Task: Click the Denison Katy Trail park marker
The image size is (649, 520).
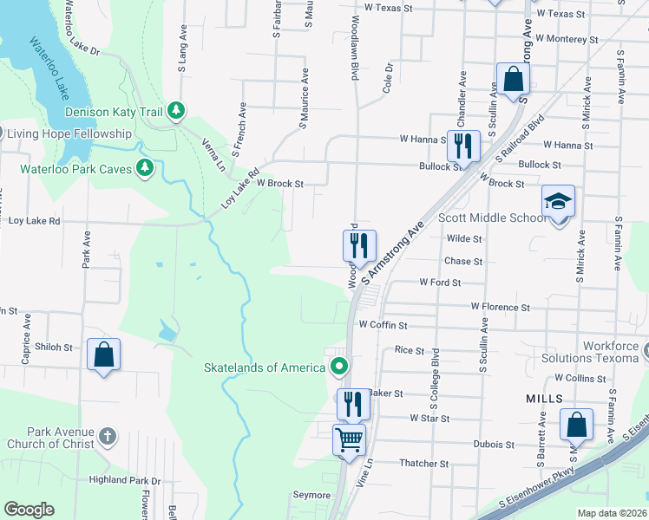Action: pyautogui.click(x=176, y=110)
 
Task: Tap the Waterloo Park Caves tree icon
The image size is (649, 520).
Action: pyautogui.click(x=146, y=167)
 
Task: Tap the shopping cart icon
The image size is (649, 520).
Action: pyautogui.click(x=350, y=439)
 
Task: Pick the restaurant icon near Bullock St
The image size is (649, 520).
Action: pyautogui.click(x=462, y=145)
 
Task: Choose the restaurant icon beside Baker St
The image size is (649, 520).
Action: pyautogui.click(x=353, y=404)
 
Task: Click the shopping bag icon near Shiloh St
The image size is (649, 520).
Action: pyautogui.click(x=103, y=354)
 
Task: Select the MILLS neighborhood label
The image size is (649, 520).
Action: pyautogui.click(x=544, y=398)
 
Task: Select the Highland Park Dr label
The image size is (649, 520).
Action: pyautogui.click(x=125, y=479)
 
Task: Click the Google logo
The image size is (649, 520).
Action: pyautogui.click(x=29, y=510)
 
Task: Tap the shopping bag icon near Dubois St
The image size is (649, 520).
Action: pyautogui.click(x=576, y=426)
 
